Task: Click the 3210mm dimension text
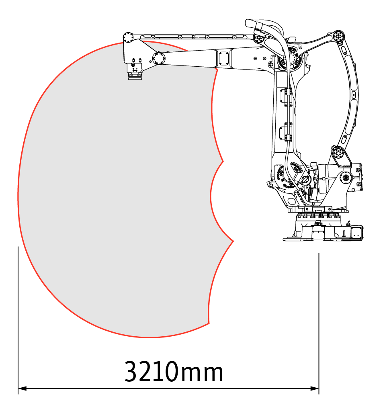pos(174,371)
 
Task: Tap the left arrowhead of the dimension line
pos(23,389)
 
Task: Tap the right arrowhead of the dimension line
pos(315,389)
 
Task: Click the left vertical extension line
pos(18,320)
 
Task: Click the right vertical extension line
pos(319,324)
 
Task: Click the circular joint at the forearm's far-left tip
pos(128,38)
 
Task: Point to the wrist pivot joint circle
pos(159,58)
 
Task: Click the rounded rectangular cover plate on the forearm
pos(223,58)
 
